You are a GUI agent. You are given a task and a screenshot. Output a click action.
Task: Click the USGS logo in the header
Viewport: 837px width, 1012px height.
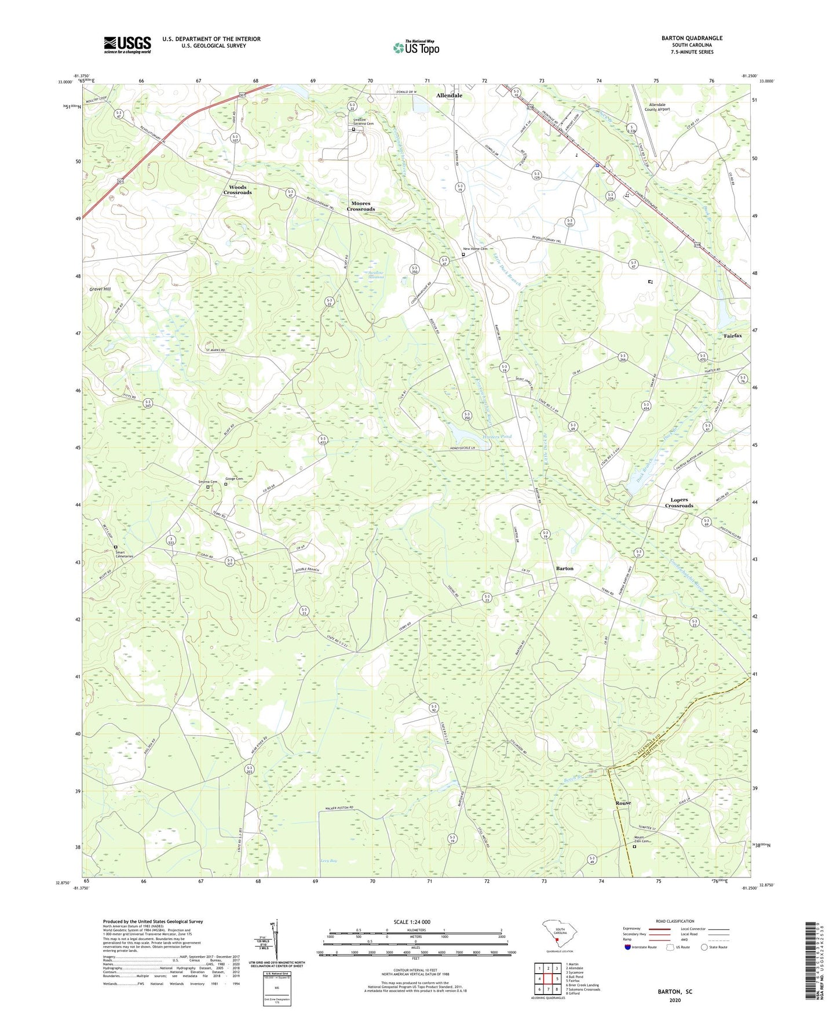click(127, 45)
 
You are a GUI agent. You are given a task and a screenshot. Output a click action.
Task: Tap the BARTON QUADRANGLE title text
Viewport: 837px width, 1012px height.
click(692, 38)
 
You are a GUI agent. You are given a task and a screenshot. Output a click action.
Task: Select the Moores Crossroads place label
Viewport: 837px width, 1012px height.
click(361, 206)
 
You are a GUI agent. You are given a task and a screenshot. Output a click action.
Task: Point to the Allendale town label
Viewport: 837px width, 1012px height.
click(449, 95)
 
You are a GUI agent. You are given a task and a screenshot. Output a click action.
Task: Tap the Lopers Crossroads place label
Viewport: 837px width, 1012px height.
click(679, 503)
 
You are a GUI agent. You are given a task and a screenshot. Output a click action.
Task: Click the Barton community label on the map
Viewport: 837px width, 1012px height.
click(564, 569)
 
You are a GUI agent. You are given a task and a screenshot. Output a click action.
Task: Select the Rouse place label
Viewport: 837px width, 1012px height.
click(623, 803)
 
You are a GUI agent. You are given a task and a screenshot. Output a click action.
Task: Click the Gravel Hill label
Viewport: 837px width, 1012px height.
click(100, 289)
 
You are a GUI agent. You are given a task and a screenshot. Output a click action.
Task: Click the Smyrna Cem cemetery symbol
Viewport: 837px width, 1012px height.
click(208, 487)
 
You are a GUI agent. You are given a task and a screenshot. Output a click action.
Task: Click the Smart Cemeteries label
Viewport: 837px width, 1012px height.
click(124, 554)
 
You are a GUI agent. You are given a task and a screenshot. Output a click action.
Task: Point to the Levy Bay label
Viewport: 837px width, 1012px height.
click(328, 861)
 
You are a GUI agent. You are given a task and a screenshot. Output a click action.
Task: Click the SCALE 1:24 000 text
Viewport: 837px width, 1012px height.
click(411, 922)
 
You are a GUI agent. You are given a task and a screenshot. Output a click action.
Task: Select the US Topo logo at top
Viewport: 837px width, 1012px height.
click(416, 48)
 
